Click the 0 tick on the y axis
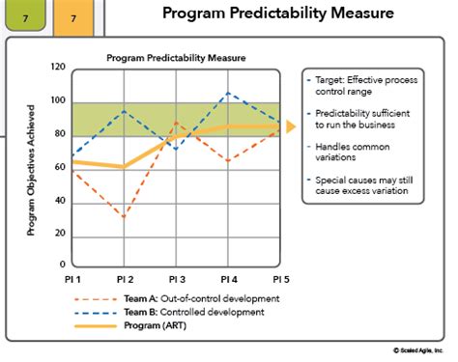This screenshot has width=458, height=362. click(x=63, y=264)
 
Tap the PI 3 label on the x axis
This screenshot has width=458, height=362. click(x=175, y=280)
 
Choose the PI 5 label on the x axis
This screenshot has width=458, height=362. click(x=279, y=280)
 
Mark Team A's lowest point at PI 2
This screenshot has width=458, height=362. click(x=123, y=216)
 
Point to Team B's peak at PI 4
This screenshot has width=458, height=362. click(x=227, y=93)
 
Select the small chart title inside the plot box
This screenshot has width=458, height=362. click(x=175, y=57)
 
